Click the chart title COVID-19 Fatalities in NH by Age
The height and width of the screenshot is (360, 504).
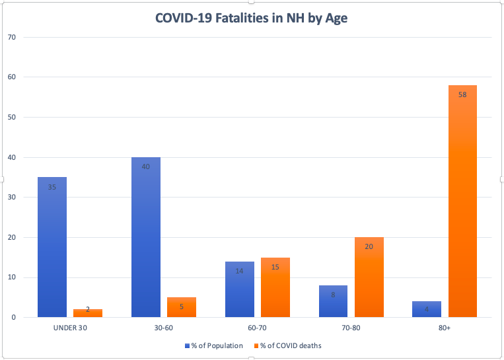point(252,18)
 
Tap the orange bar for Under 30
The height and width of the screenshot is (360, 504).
point(88,313)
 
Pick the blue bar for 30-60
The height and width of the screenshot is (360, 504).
point(146,237)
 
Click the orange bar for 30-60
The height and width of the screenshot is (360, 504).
point(182,307)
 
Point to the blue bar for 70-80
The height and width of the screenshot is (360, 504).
point(333,301)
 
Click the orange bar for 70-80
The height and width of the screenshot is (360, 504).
point(369,277)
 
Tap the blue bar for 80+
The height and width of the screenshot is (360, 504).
point(427,309)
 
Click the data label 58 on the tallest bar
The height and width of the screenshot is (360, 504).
point(462,95)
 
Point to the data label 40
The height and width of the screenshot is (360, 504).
point(146,167)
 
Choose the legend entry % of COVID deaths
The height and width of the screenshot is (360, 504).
point(291,345)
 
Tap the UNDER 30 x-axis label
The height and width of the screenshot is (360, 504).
point(70,328)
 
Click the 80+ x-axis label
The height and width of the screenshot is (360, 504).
point(445,328)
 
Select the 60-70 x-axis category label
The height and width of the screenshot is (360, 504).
point(258,328)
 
